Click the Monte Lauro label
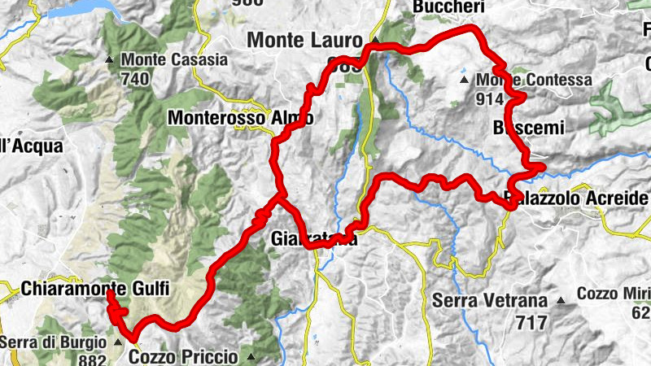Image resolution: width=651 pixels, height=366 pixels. [x=306, y=39]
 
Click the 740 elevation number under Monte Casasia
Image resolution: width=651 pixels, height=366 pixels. [x=135, y=78]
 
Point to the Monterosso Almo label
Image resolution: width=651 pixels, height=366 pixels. [x=240, y=118]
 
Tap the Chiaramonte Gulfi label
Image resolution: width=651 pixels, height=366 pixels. [x=89, y=289]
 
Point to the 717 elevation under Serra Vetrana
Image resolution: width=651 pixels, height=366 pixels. [x=531, y=322]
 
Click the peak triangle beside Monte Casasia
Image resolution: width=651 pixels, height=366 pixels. [x=109, y=59]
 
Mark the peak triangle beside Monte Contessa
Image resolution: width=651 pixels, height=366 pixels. [x=464, y=81]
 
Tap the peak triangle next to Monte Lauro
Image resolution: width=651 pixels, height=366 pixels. [x=375, y=40]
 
